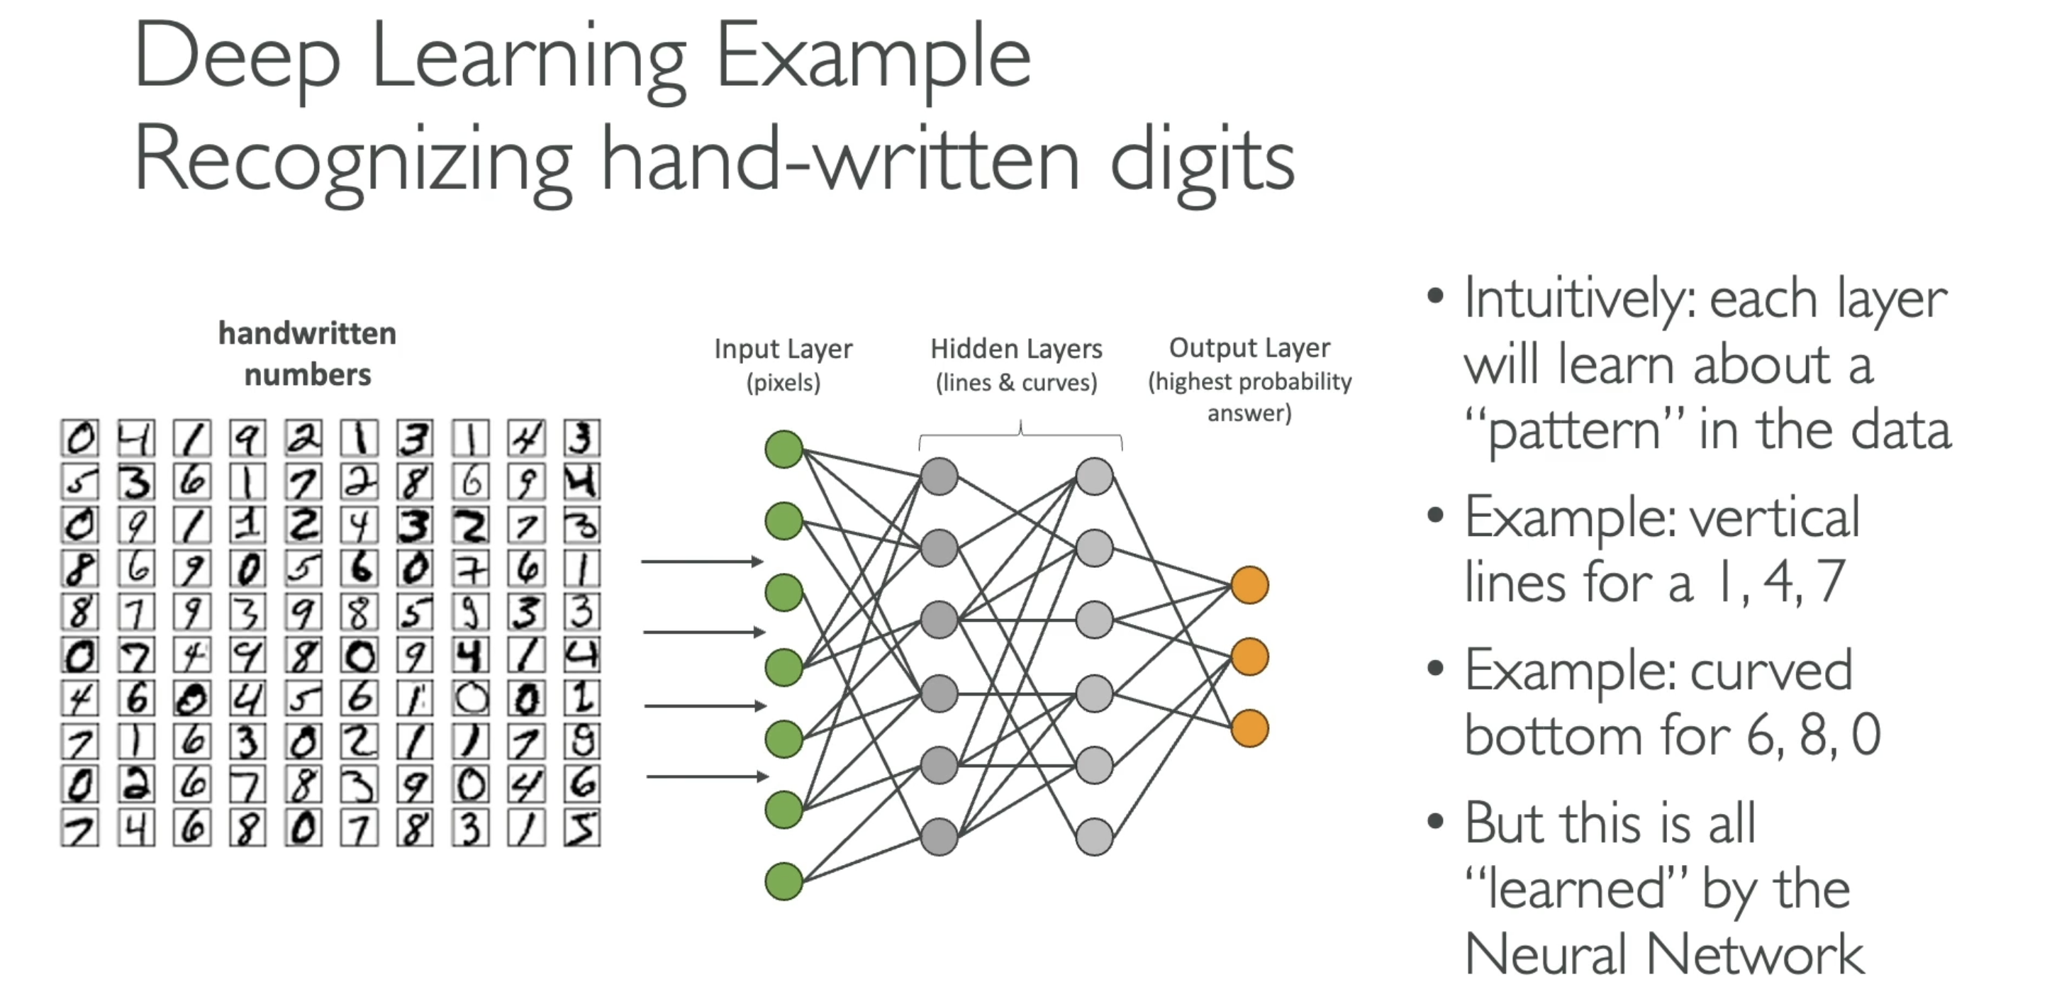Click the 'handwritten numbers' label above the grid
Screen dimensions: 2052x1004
(x=308, y=354)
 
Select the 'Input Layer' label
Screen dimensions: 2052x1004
(x=783, y=349)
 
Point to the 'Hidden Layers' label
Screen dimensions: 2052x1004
(x=1017, y=349)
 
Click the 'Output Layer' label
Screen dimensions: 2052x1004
(x=1250, y=348)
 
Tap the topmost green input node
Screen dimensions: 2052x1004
(x=784, y=450)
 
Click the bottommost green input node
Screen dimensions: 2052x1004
(x=784, y=881)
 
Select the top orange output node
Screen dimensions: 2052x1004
(x=1250, y=586)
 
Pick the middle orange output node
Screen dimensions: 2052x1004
(x=1250, y=657)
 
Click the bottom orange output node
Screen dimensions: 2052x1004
(x=1250, y=728)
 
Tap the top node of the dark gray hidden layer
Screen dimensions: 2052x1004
(x=939, y=476)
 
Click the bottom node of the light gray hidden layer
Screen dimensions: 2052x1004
(x=1095, y=837)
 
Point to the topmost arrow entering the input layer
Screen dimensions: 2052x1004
(x=703, y=562)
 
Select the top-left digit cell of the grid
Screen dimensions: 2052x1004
(x=79, y=437)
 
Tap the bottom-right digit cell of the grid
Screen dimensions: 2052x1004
(x=581, y=828)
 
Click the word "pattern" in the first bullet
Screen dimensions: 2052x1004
(x=1574, y=431)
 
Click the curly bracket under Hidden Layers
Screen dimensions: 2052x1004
(x=1020, y=434)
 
